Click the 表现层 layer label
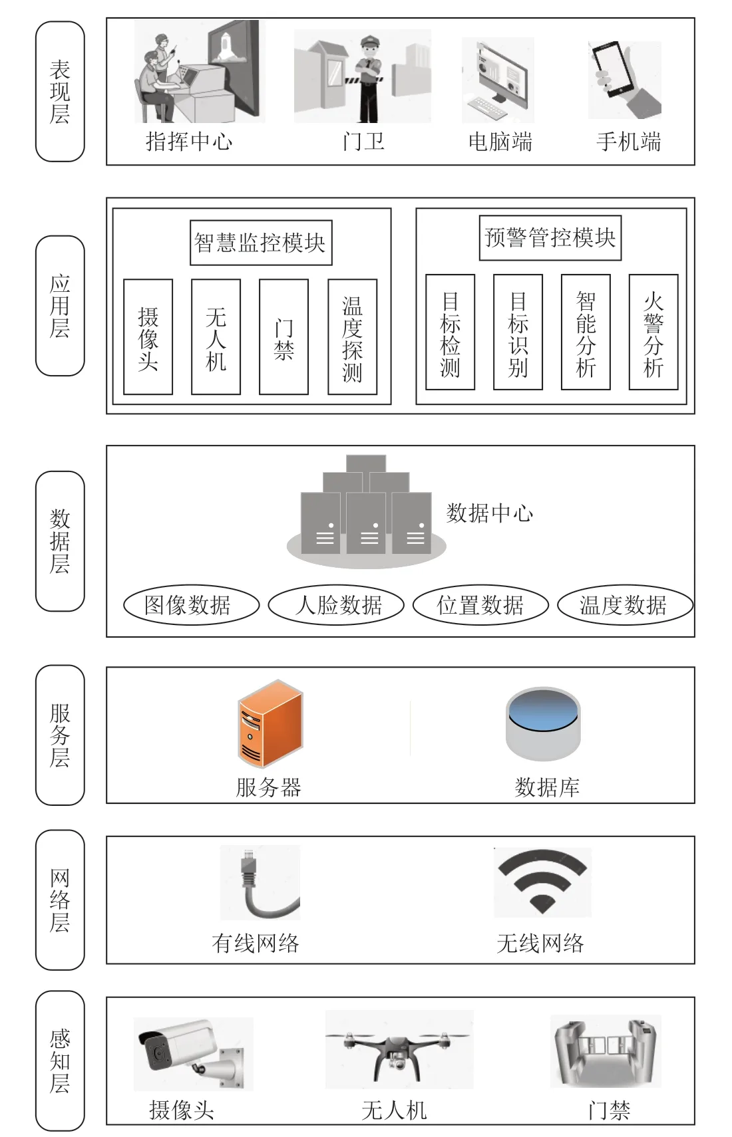click(x=60, y=91)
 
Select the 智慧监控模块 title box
click(x=261, y=243)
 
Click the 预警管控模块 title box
click(x=550, y=237)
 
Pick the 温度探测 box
click(x=353, y=336)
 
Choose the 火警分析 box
click(x=653, y=332)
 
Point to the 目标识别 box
click(x=518, y=332)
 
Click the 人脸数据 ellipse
click(x=336, y=604)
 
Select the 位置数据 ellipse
click(x=480, y=604)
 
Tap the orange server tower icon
click(x=270, y=723)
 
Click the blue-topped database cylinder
click(x=543, y=723)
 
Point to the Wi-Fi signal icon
click(x=542, y=882)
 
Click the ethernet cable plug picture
click(x=260, y=882)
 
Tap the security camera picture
click(x=193, y=1054)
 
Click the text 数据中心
click(x=490, y=513)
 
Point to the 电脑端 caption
click(x=500, y=142)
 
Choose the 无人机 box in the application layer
click(x=216, y=336)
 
